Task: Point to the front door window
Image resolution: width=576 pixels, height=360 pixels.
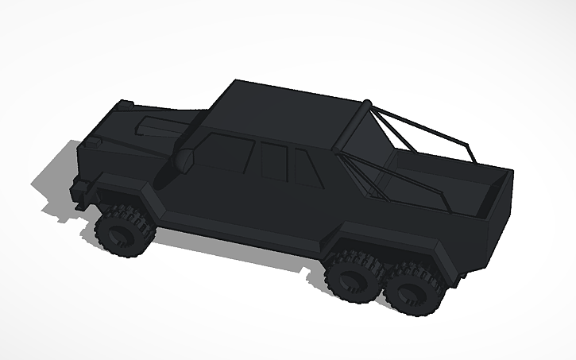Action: tap(225, 153)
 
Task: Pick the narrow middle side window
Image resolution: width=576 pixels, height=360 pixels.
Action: tap(273, 162)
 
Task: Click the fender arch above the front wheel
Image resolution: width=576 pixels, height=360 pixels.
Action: tap(127, 195)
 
